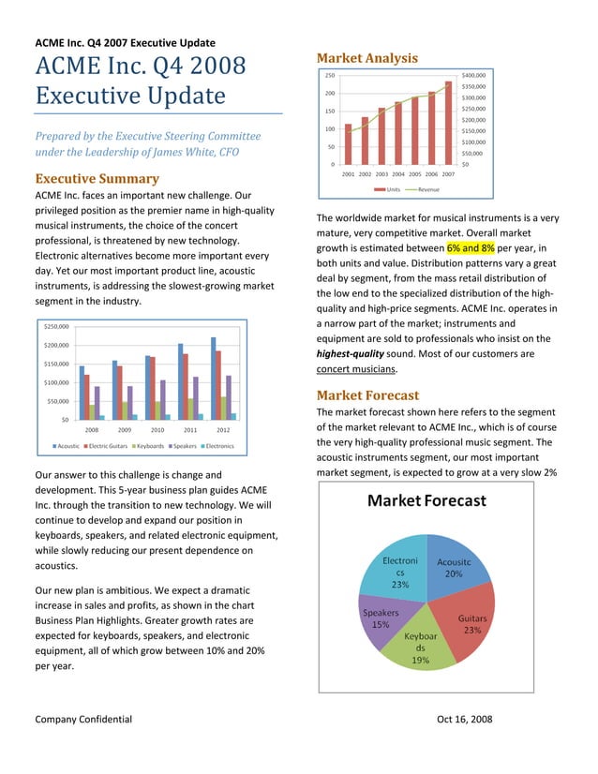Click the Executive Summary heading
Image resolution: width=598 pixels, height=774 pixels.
tap(97, 179)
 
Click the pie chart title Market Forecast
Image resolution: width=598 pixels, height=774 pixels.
tap(426, 501)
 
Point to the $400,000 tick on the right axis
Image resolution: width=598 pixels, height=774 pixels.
tap(473, 75)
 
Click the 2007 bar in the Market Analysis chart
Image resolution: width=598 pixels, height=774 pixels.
tap(448, 122)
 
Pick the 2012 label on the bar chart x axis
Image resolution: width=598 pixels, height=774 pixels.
tap(223, 429)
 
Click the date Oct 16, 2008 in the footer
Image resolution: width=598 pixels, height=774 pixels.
tap(464, 720)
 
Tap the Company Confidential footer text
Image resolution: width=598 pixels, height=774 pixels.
tap(83, 720)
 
